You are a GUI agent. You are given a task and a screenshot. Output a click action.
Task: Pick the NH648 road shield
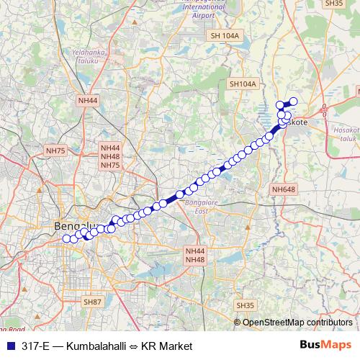[x=284, y=189]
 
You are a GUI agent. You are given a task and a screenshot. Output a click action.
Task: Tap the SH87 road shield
[x=92, y=302]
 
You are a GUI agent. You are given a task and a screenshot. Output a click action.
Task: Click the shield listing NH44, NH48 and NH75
[x=110, y=157]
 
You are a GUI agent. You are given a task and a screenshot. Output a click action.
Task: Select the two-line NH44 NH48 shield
[x=195, y=255]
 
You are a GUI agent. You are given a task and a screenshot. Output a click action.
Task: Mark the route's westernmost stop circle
[x=66, y=239]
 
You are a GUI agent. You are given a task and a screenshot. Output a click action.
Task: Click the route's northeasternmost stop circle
[x=293, y=102]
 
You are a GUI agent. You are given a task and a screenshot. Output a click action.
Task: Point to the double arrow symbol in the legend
[x=133, y=346]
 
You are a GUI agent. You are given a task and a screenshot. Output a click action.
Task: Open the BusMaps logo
[x=325, y=346]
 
